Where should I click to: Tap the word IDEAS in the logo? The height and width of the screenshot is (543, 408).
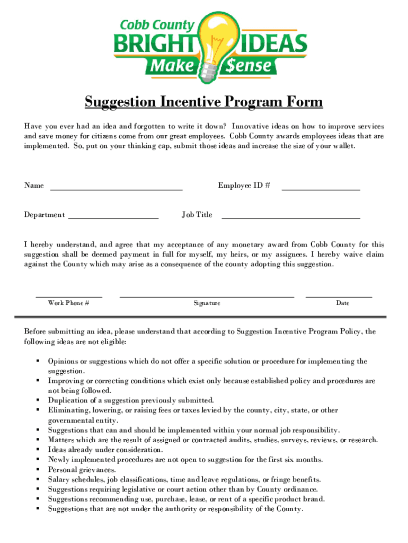click(x=273, y=43)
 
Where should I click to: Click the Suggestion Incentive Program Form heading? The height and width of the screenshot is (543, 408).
click(x=204, y=102)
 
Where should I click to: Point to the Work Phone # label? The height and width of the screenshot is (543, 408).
click(x=68, y=303)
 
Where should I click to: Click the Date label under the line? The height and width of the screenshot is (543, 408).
click(x=342, y=303)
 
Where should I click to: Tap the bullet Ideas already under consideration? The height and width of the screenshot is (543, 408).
click(x=98, y=450)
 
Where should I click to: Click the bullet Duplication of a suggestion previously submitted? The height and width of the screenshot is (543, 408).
click(x=131, y=400)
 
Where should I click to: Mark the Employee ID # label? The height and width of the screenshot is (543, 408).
click(x=244, y=186)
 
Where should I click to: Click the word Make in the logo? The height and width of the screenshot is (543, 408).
click(x=172, y=66)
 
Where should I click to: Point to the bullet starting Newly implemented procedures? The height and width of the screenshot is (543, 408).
click(x=185, y=460)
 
